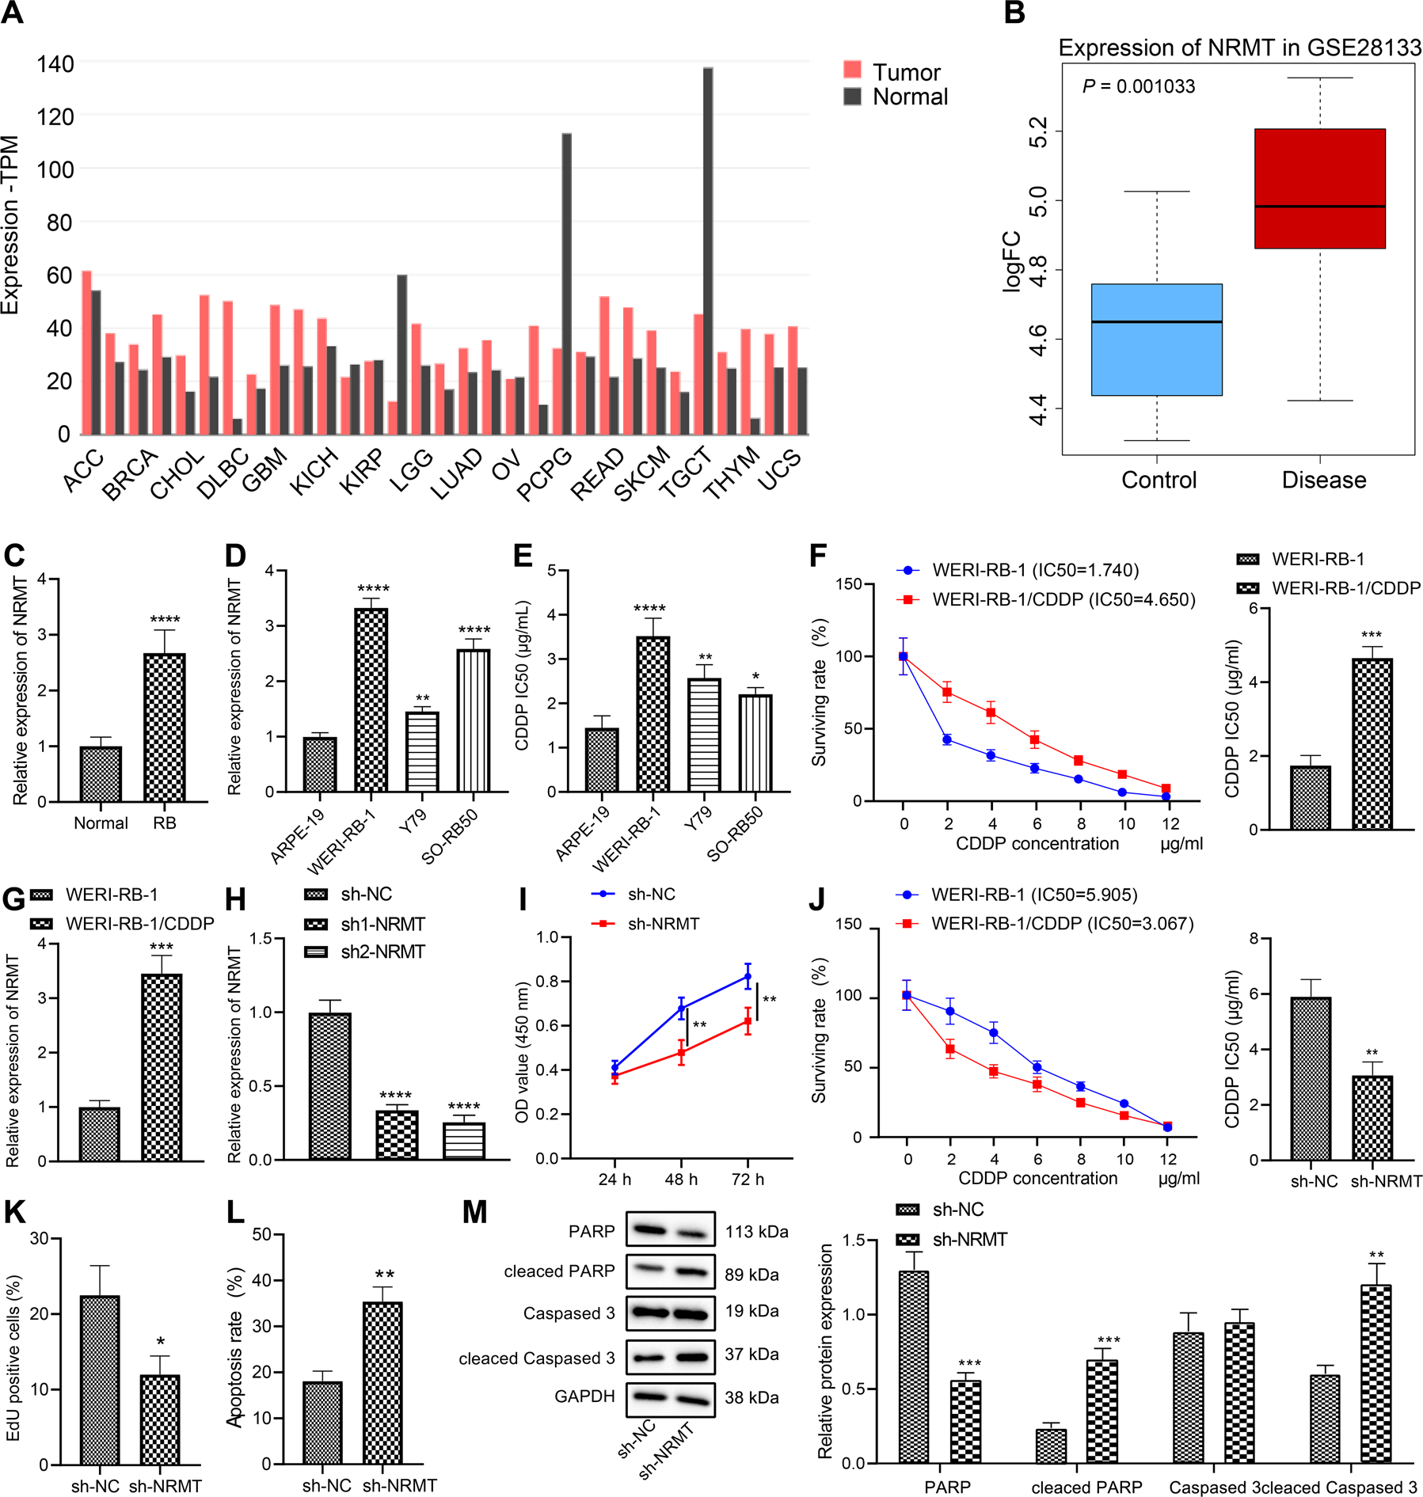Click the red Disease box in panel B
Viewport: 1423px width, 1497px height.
click(1319, 188)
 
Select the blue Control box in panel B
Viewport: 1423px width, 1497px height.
click(1156, 339)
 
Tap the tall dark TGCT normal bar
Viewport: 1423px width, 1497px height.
click(707, 251)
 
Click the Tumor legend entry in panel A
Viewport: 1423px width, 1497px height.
click(892, 72)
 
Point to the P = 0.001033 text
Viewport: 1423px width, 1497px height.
click(1138, 86)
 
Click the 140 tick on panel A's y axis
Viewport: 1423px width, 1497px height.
click(55, 64)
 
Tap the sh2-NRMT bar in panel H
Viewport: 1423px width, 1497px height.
click(464, 1140)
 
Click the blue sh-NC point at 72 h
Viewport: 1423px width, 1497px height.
click(748, 976)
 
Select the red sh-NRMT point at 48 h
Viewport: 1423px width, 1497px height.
click(681, 1052)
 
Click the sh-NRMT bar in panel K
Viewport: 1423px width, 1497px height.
click(160, 1419)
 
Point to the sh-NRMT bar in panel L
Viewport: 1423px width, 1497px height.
click(382, 1382)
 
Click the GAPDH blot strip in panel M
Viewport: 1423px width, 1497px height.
click(670, 1398)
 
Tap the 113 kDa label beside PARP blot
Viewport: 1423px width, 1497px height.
click(756, 1232)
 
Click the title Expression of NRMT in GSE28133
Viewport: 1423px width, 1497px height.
click(1239, 48)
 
